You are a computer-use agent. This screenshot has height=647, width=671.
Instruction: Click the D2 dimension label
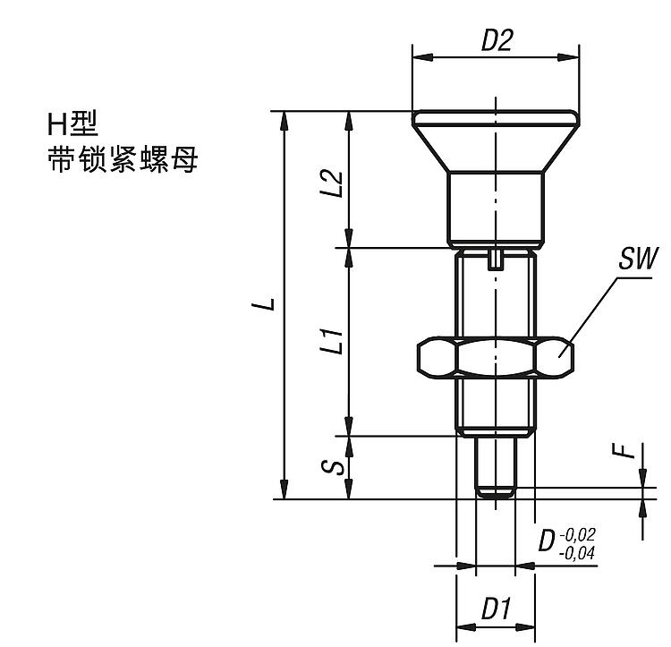(497, 41)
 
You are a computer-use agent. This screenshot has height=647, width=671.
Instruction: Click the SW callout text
(637, 260)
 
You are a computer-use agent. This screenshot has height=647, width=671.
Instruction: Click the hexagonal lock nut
(494, 355)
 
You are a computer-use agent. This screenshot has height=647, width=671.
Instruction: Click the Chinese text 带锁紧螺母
(123, 161)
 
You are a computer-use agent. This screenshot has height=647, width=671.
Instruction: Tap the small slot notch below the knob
(495, 260)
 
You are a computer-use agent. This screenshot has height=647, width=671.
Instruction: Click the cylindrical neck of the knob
(495, 208)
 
